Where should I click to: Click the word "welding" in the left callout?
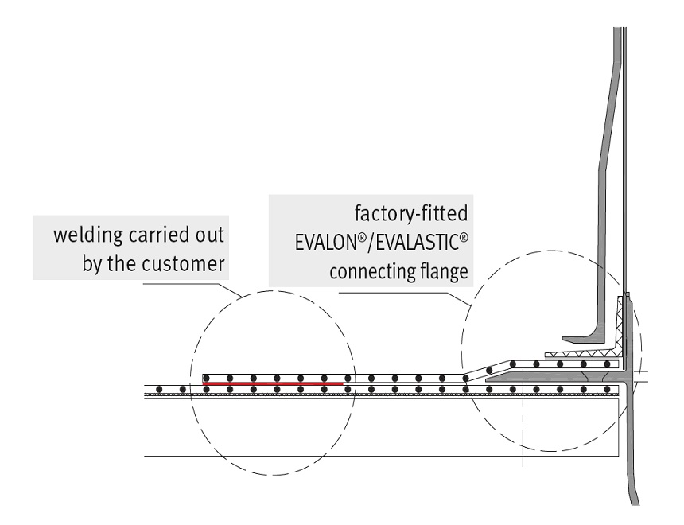click(x=85, y=237)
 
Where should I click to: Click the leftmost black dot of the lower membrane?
click(x=160, y=389)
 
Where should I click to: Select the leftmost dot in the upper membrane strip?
click(x=206, y=377)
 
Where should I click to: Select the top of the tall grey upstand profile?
click(x=617, y=36)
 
